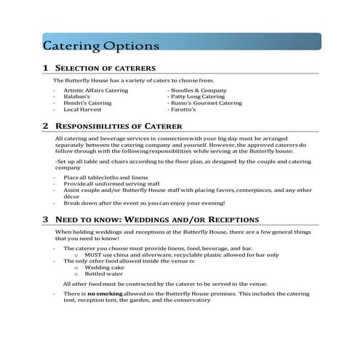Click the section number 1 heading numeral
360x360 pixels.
[x=45, y=68]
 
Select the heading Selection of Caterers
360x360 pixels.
[x=105, y=68]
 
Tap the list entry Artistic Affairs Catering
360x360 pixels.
[x=96, y=89]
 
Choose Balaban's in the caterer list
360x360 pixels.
[x=78, y=96]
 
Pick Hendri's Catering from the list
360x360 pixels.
[x=87, y=103]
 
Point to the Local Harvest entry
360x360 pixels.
[x=81, y=109]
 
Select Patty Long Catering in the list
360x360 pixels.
[x=196, y=96]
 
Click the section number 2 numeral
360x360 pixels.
[x=45, y=125]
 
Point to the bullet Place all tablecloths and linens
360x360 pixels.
[x=105, y=177]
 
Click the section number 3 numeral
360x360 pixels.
[x=45, y=219]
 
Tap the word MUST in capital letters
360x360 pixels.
[x=95, y=255]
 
